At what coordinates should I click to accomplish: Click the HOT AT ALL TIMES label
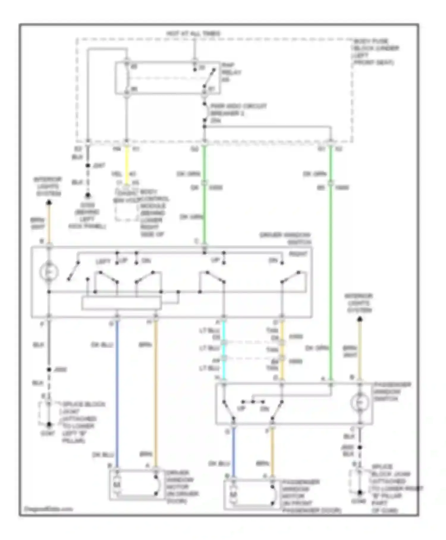click(193, 33)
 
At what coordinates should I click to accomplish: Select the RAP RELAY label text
click(231, 72)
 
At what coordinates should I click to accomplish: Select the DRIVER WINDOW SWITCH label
click(285, 238)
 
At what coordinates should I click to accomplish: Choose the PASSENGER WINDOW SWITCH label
click(392, 391)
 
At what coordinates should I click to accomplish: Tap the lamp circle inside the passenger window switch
click(360, 402)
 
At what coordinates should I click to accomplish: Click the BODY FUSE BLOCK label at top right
click(376, 52)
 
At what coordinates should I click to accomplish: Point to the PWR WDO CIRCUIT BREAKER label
click(238, 113)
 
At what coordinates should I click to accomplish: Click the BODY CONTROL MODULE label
click(153, 213)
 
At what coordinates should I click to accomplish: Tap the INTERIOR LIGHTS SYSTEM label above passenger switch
click(359, 303)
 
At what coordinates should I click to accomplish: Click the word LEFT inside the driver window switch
click(103, 261)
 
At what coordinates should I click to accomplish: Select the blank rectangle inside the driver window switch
click(122, 303)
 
